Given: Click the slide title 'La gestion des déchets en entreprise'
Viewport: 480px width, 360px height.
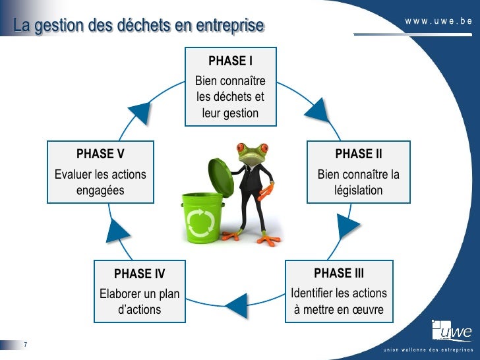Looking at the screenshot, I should point(138,26).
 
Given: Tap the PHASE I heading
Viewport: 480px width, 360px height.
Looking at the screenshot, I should point(230,61).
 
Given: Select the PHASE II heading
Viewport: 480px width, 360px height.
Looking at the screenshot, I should point(358,154).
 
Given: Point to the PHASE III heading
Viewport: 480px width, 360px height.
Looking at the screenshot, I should point(339,273).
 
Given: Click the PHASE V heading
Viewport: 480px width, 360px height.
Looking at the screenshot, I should point(100,154).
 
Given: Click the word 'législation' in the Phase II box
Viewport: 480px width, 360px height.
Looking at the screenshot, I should point(358,191).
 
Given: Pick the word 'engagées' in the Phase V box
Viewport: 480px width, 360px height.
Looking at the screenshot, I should point(100,191).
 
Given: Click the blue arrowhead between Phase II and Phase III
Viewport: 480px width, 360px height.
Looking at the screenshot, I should point(346,227).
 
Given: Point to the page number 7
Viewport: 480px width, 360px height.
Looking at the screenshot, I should point(24,345).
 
